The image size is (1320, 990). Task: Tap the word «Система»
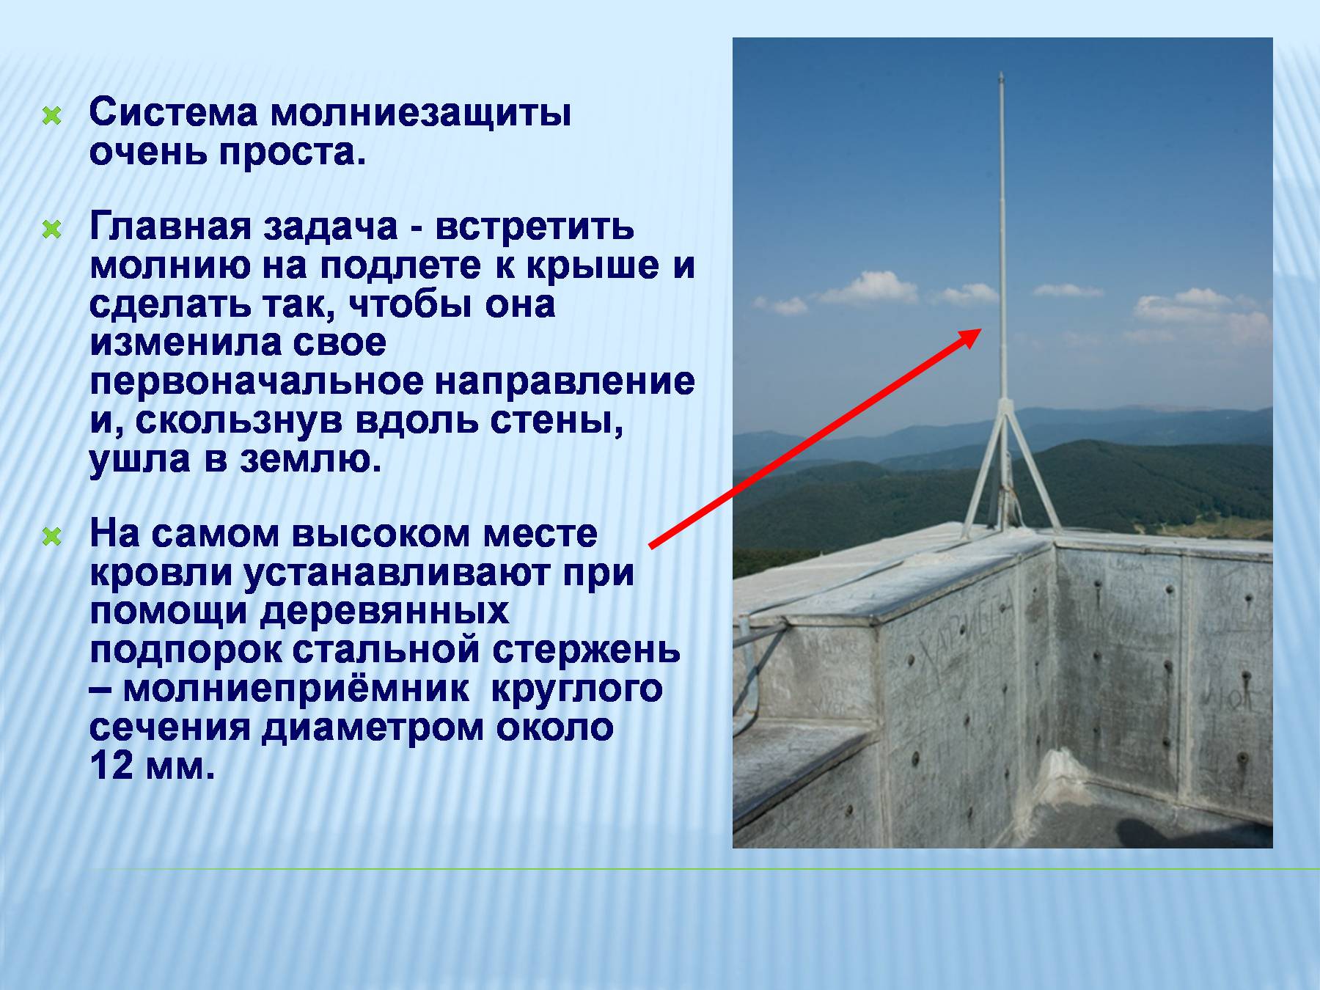click(x=174, y=113)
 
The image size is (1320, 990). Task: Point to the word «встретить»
click(x=535, y=228)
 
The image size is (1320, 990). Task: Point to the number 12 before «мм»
click(x=112, y=766)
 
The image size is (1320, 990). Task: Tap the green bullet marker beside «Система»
click(x=51, y=116)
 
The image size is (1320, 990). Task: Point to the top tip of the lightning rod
click(x=1001, y=73)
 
